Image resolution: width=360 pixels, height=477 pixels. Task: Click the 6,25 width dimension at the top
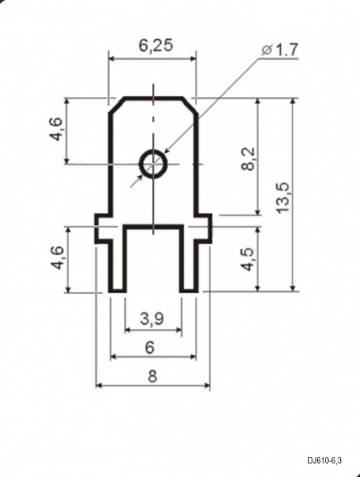[156, 45]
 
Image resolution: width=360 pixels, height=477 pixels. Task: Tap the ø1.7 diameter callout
[280, 50]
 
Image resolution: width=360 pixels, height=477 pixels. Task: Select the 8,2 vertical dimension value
[249, 158]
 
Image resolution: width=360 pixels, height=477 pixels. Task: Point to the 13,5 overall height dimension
[283, 198]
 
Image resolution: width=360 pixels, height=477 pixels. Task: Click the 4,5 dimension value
[248, 259]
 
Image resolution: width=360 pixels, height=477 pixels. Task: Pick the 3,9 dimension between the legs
[152, 319]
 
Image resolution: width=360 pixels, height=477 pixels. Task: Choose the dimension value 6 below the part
[150, 347]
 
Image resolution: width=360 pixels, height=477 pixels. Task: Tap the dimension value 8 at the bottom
[153, 376]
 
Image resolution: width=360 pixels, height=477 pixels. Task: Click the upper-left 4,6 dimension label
[57, 129]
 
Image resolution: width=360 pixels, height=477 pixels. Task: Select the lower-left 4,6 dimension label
[57, 258]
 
